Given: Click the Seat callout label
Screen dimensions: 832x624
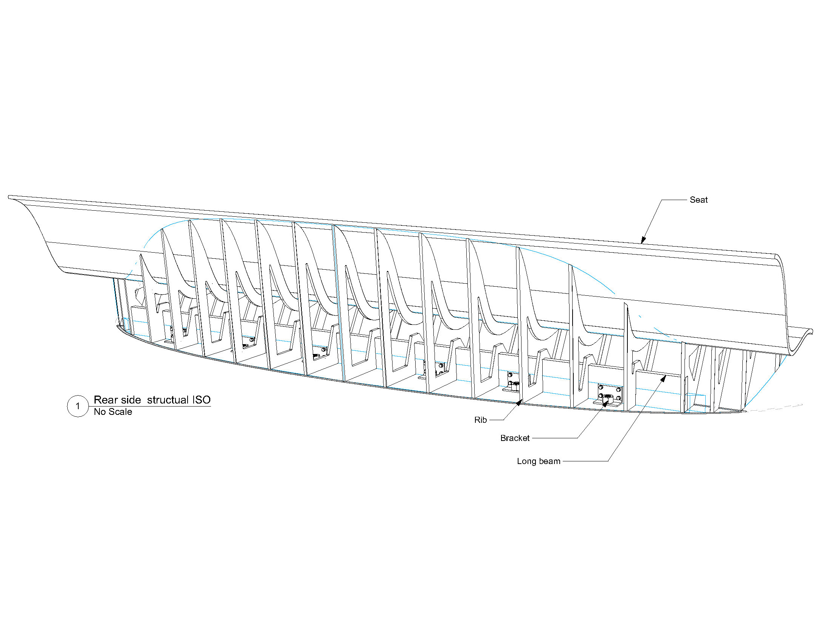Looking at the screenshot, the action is click(698, 200).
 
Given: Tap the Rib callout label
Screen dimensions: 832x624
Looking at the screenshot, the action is click(480, 420).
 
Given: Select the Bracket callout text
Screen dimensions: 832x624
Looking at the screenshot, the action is click(515, 438).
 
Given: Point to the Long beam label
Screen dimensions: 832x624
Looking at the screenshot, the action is click(539, 461).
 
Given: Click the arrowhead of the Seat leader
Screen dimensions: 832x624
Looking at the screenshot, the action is click(643, 240).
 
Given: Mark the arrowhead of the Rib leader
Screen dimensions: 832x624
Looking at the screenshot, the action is click(519, 402).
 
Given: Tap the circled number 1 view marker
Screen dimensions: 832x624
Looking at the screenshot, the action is click(78, 406).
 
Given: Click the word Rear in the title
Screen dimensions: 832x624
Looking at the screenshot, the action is click(106, 400).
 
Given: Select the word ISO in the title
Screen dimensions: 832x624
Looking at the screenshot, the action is click(201, 400).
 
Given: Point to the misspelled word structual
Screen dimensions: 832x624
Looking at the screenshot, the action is click(168, 400).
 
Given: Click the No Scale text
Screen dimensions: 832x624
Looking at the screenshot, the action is click(113, 412).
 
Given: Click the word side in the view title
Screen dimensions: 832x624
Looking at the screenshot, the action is click(131, 400).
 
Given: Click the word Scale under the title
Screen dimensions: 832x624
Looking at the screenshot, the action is click(120, 412).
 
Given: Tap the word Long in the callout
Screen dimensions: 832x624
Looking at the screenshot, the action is click(526, 461).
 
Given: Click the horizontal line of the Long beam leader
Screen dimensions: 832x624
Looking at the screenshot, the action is click(585, 461).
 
